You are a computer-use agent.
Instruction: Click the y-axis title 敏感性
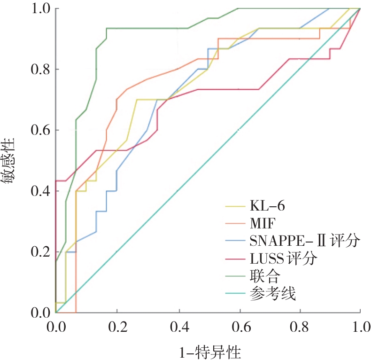pyautogui.click(x=11, y=161)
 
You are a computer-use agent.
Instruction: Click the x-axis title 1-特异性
pyautogui.click(x=208, y=350)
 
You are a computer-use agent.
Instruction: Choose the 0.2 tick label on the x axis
pyautogui.click(x=116, y=325)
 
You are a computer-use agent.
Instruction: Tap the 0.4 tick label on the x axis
pyautogui.click(x=178, y=325)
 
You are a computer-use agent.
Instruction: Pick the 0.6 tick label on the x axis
pyautogui.click(x=239, y=325)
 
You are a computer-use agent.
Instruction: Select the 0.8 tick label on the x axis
pyautogui.click(x=299, y=325)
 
